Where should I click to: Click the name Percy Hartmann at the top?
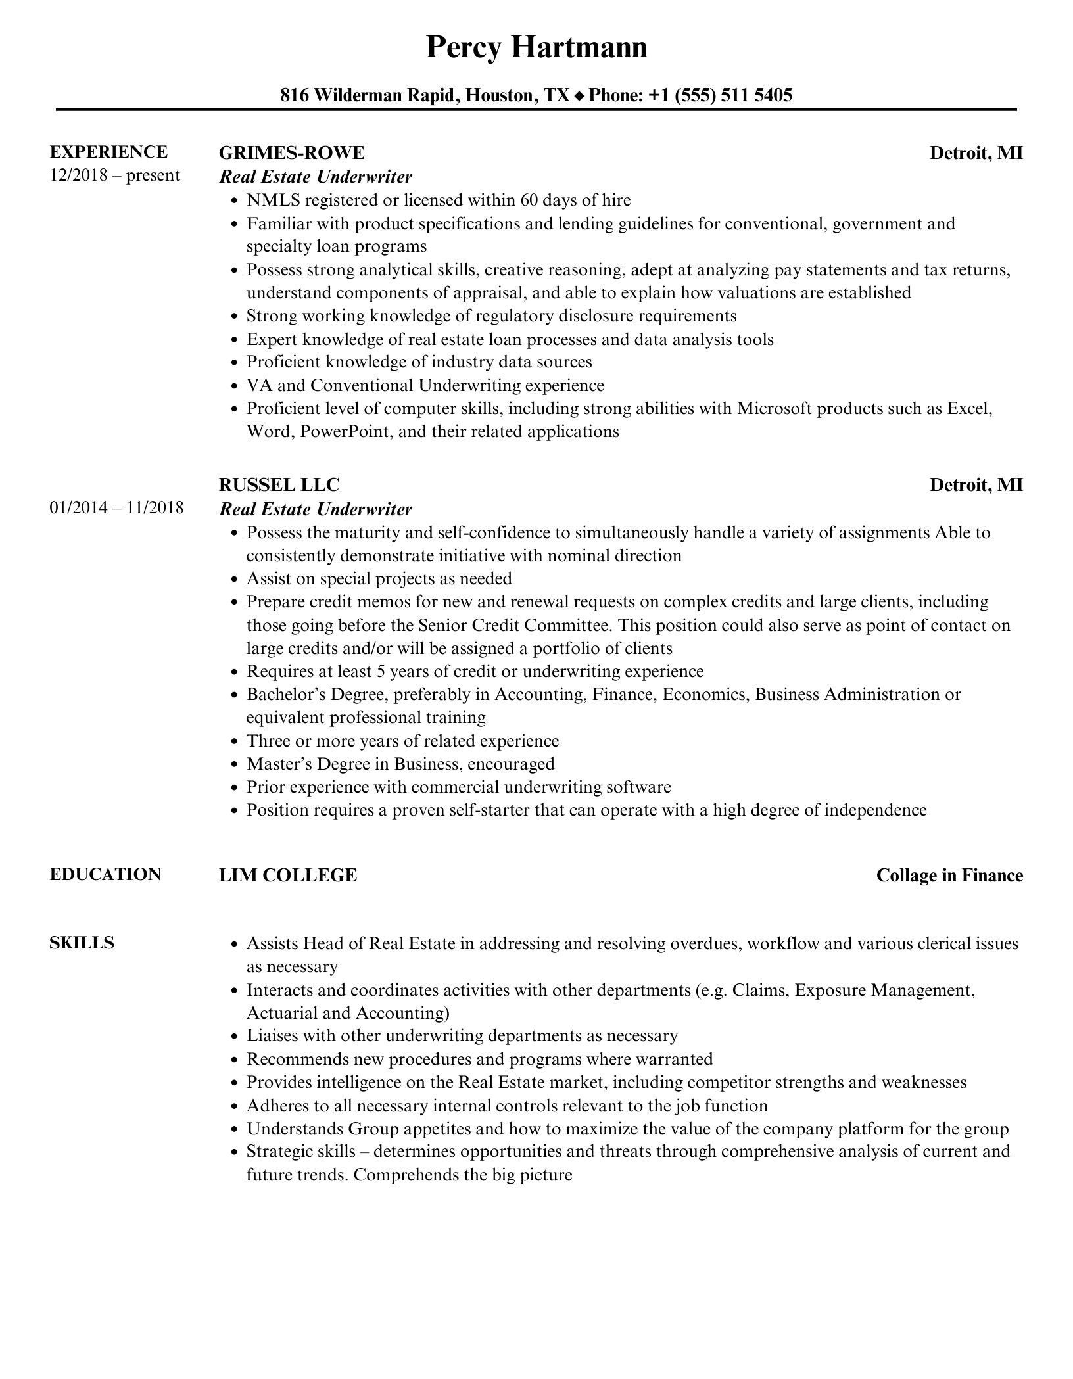[x=536, y=47]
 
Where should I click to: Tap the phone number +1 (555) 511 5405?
[x=720, y=96]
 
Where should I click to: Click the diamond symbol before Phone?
[x=579, y=97]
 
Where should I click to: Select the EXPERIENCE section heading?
[x=108, y=152]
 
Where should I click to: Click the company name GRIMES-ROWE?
[x=291, y=152]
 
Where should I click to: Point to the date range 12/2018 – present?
[x=114, y=175]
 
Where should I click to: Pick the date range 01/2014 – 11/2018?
[x=116, y=508]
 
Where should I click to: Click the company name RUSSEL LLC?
[x=279, y=485]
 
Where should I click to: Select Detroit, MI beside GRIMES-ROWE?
[x=976, y=153]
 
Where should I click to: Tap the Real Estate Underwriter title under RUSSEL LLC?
[x=316, y=509]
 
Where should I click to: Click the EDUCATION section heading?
[x=105, y=874]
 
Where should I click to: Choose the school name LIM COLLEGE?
[x=288, y=876]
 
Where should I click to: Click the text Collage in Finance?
[x=949, y=876]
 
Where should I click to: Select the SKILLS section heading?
[x=82, y=943]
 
